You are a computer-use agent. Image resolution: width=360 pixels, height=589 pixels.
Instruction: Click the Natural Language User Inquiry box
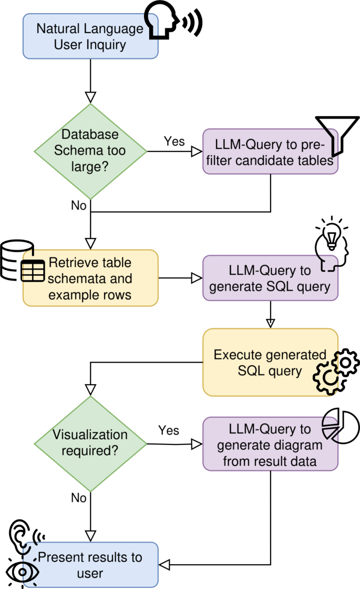[x=90, y=36]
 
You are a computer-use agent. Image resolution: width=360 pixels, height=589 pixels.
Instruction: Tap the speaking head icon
[x=173, y=20]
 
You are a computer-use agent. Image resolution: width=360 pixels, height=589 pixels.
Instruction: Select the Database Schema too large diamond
[x=90, y=151]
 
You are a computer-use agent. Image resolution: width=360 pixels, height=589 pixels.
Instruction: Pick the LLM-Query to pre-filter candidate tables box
[x=270, y=151]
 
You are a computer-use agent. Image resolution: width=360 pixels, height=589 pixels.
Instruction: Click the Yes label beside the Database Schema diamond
[x=174, y=141]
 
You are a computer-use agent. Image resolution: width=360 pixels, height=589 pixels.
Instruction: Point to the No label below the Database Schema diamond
[x=78, y=205]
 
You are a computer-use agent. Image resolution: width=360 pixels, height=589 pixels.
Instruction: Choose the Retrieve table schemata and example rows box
[x=90, y=278]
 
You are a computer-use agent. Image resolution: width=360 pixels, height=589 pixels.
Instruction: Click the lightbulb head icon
[x=332, y=244]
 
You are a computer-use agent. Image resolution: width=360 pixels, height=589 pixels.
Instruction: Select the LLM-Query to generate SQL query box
[x=270, y=278]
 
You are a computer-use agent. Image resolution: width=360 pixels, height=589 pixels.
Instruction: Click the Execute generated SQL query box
[x=270, y=362]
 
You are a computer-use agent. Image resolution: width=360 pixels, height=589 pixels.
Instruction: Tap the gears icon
[x=336, y=371]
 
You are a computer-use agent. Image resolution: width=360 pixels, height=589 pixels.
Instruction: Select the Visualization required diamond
[x=90, y=444]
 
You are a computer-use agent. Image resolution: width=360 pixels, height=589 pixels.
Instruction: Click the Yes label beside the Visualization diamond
[x=169, y=430]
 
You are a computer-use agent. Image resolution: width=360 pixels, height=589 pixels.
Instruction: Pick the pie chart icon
[x=341, y=426]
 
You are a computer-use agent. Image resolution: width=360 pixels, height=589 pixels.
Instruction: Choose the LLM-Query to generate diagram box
[x=270, y=443]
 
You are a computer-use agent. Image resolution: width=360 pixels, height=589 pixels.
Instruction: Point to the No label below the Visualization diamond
[x=78, y=498]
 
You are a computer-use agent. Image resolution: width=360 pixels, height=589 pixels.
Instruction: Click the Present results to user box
[x=90, y=565]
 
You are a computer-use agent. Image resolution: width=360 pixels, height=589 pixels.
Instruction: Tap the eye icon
[x=23, y=572]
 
